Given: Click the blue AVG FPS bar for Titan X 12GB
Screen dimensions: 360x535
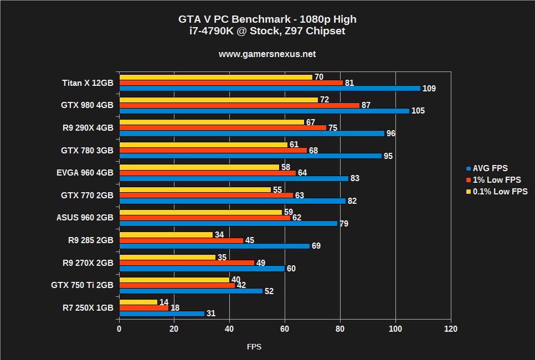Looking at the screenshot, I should [270, 89].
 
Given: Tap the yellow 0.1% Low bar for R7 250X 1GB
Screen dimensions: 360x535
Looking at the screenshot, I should [138, 302].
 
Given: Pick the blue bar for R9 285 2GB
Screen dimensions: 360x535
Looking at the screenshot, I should [214, 246].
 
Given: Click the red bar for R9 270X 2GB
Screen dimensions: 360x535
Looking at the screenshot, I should [187, 263].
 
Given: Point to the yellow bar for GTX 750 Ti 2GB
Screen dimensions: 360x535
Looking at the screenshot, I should [174, 280].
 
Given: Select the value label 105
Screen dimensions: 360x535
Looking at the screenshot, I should [418, 111].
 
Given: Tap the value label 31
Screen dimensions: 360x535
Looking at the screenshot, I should [211, 313].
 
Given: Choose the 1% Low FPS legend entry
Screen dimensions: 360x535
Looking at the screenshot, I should [496, 180].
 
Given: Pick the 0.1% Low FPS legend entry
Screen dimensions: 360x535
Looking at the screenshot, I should [500, 192].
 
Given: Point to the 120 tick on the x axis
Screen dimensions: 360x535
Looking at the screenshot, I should [451, 329].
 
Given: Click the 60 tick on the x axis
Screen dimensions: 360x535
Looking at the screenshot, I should [285, 329].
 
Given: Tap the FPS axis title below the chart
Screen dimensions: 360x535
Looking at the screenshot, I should [254, 347].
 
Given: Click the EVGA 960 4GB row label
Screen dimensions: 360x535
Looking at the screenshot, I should [85, 173].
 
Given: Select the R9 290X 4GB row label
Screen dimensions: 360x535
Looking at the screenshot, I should [87, 128].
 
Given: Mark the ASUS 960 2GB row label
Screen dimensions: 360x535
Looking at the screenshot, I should [85, 218].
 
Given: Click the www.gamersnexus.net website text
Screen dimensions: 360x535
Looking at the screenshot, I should [267, 54].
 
